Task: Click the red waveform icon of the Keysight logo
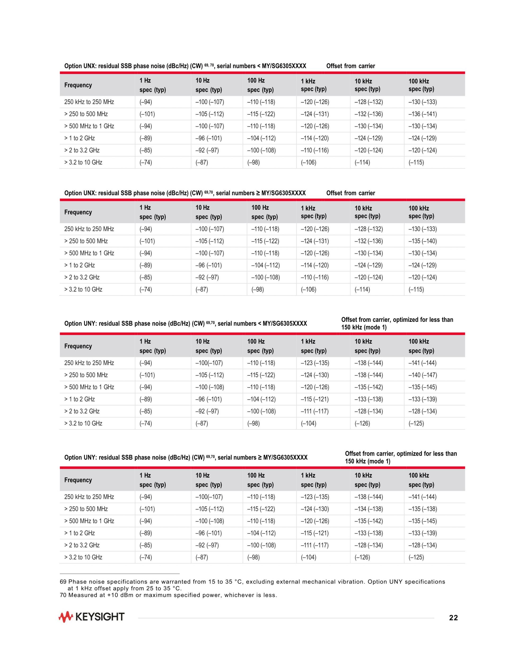click(66, 617)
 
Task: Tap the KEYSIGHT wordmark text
click(99, 617)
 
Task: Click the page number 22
click(453, 618)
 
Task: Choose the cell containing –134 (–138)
click(368, 509)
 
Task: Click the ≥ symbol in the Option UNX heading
click(258, 193)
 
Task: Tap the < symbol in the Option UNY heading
click(260, 324)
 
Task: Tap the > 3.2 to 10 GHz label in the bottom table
click(83, 557)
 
